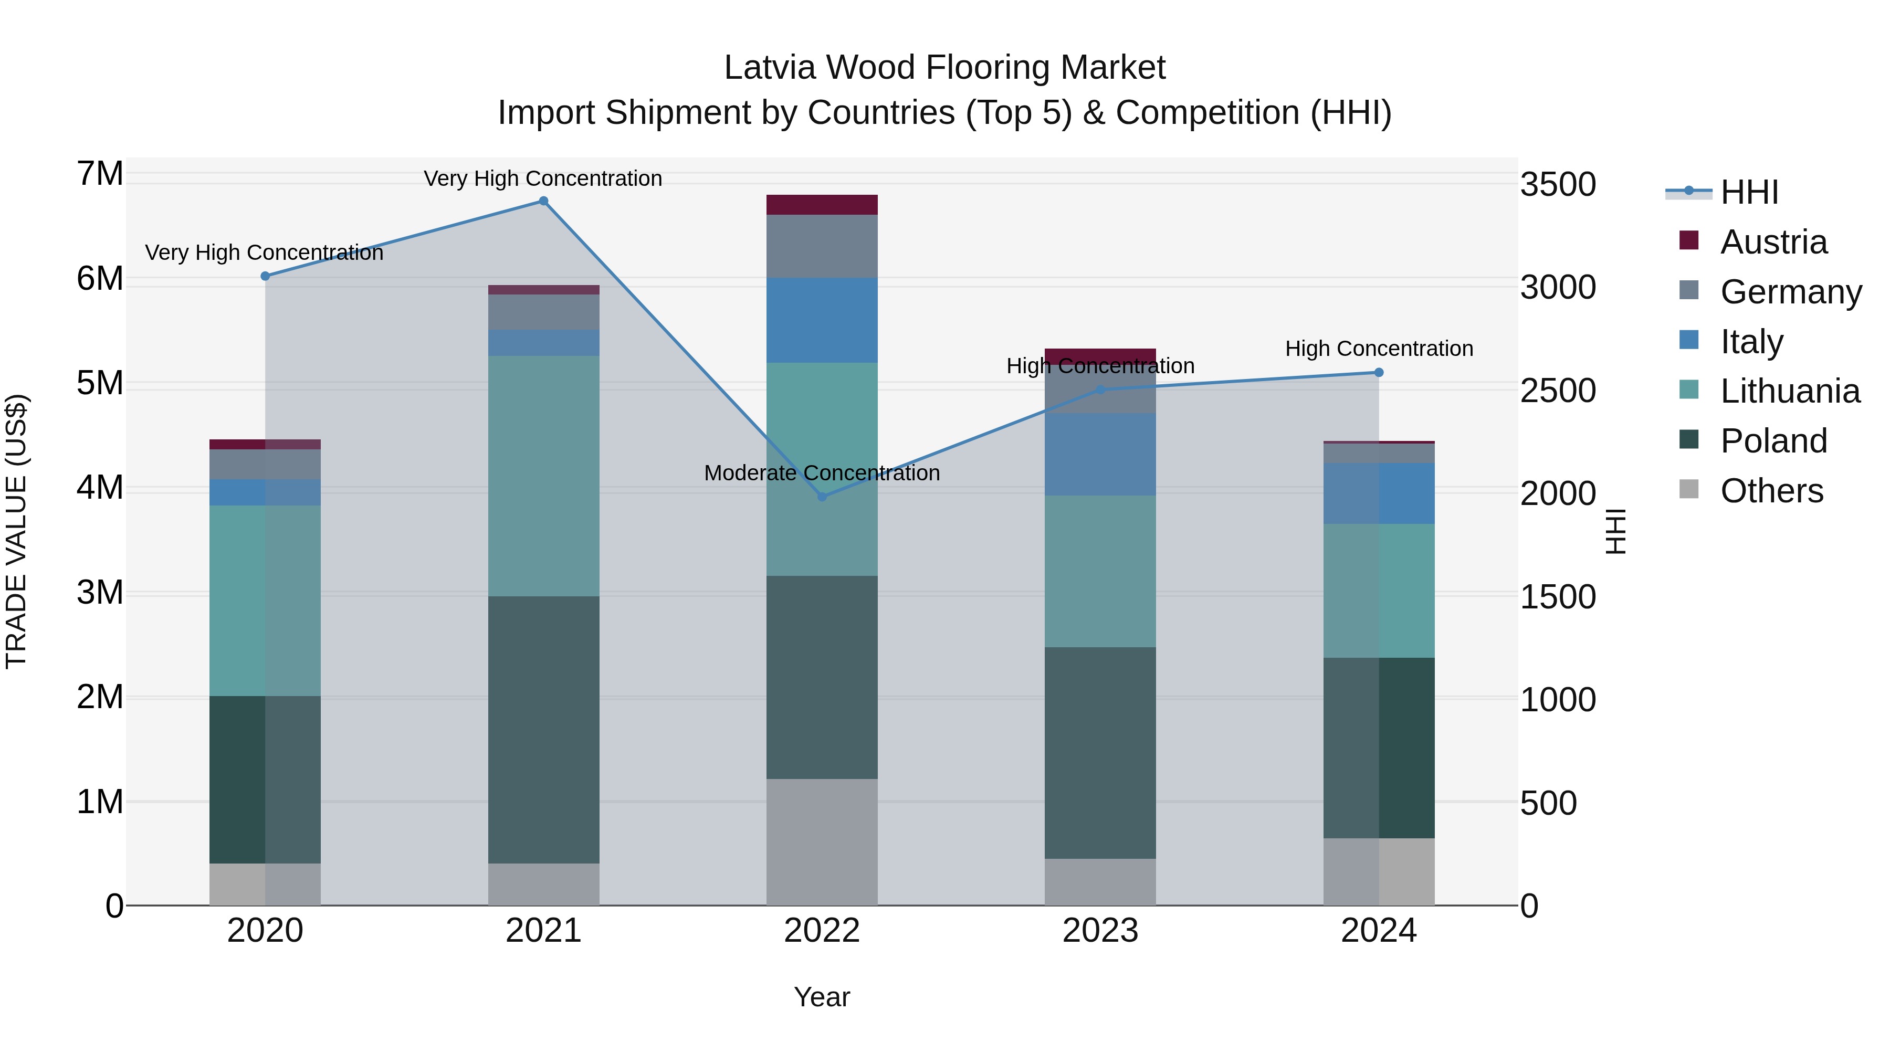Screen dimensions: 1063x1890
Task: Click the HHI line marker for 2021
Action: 543,201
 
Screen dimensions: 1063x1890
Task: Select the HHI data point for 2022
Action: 822,497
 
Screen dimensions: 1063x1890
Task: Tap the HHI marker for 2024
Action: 1378,373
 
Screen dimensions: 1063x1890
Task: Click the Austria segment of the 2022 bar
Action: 822,205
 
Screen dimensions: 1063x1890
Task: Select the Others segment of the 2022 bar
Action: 822,841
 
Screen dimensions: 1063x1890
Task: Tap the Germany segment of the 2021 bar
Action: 543,312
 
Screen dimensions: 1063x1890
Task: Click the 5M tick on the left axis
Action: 100,383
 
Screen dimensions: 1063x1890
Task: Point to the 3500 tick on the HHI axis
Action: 1557,184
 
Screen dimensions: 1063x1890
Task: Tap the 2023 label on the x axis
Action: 1100,931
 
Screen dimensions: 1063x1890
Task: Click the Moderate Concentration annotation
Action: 822,473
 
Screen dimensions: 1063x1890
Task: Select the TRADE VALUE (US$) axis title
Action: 16,531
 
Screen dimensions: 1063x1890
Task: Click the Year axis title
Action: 822,997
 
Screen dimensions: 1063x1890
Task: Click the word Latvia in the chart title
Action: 769,68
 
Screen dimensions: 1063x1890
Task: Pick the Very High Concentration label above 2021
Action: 543,178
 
